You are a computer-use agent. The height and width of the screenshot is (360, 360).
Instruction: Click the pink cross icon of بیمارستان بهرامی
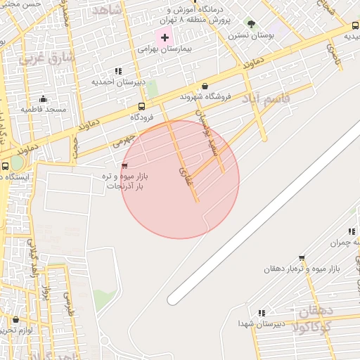pyautogui.click(x=165, y=37)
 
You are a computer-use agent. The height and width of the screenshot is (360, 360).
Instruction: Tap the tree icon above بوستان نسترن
pyautogui.click(x=251, y=24)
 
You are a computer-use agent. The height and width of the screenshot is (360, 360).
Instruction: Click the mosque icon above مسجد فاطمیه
pyautogui.click(x=44, y=98)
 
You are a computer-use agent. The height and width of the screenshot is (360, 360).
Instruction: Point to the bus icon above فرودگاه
pyautogui.click(x=142, y=106)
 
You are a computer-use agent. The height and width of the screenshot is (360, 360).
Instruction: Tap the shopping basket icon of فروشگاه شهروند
pyautogui.click(x=205, y=86)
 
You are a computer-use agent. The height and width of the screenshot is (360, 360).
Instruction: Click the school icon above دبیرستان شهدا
pyautogui.click(x=261, y=312)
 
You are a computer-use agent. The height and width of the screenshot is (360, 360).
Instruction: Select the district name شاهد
pyautogui.click(x=107, y=10)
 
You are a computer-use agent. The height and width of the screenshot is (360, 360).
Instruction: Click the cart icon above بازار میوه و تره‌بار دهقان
pyautogui.click(x=302, y=258)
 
